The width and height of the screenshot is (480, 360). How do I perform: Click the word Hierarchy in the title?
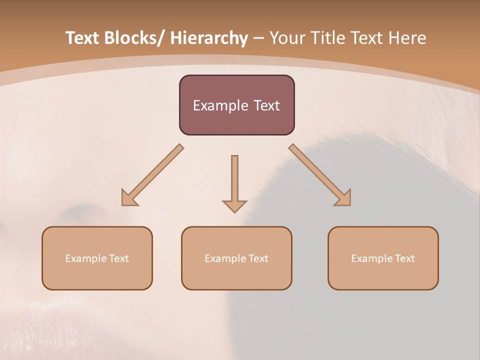pyautogui.click(x=209, y=38)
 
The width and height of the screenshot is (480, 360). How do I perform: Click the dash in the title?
pyautogui.click(x=258, y=38)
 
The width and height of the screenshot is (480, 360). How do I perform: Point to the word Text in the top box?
pyautogui.click(x=266, y=105)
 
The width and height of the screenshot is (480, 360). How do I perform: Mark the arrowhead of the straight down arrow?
pyautogui.click(x=234, y=206)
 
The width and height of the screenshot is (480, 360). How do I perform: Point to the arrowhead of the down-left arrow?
pyautogui.click(x=129, y=198)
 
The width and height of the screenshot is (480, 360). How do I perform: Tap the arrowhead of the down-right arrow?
pyautogui.click(x=343, y=198)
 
